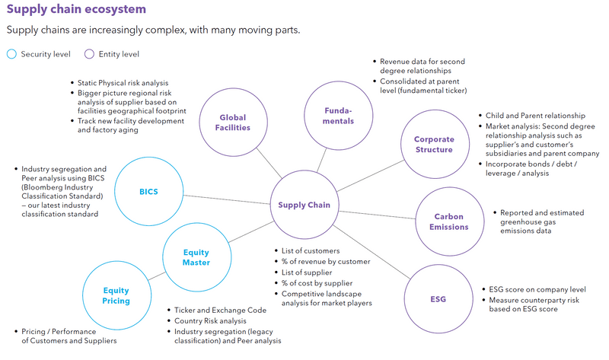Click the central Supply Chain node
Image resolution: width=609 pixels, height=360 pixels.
tap(304, 205)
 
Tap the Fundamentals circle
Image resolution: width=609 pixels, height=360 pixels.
tap(339, 116)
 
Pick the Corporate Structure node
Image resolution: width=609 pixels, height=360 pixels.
tap(433, 145)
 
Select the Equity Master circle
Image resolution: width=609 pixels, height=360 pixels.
tap(196, 257)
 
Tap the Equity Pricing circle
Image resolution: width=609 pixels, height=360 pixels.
tap(116, 295)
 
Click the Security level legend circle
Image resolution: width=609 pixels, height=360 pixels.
tap(11, 54)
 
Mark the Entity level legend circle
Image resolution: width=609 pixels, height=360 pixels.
tap(88, 54)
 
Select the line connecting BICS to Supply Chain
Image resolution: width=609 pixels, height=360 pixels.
tap(228, 198)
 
